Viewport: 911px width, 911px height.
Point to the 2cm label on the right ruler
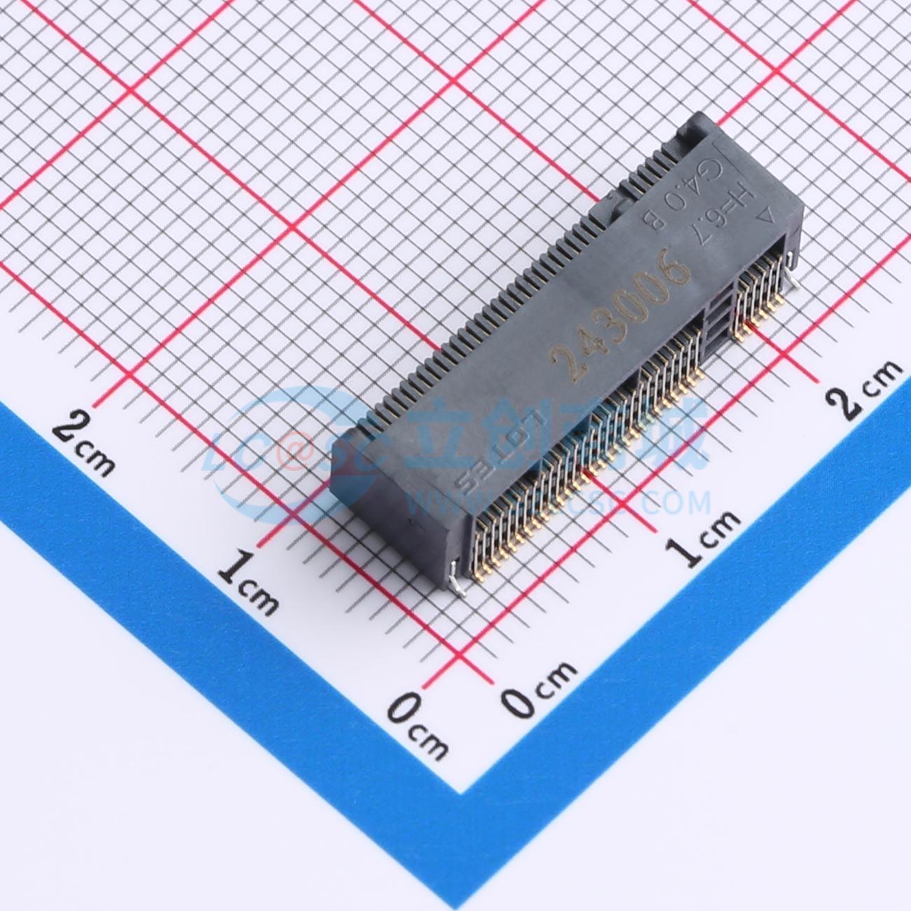tap(863, 390)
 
